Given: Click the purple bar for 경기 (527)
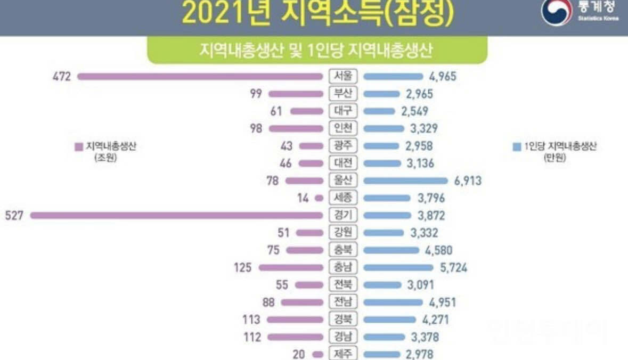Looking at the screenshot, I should pyautogui.click(x=176, y=216).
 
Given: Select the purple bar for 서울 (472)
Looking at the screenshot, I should pyautogui.click(x=200, y=77).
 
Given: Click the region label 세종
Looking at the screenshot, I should pyautogui.click(x=343, y=198).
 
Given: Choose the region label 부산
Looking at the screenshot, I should pyautogui.click(x=343, y=94).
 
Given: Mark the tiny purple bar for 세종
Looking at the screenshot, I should pyautogui.click(x=319, y=198).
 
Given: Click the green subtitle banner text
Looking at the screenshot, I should pyautogui.click(x=317, y=51).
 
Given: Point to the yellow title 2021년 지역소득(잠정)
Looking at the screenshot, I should pyautogui.click(x=318, y=14).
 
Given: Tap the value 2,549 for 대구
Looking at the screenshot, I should pyautogui.click(x=413, y=111).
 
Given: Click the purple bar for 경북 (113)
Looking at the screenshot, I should pyautogui.click(x=295, y=320).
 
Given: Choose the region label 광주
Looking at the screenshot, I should pyautogui.click(x=343, y=146).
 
